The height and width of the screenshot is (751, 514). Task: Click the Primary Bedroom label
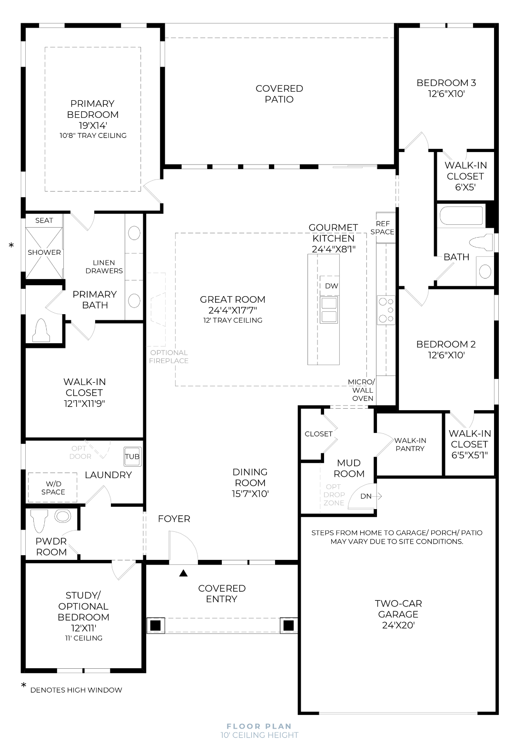tap(93, 109)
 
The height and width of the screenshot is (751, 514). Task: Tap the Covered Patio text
tap(279, 94)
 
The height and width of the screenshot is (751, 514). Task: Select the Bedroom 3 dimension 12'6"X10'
tap(446, 94)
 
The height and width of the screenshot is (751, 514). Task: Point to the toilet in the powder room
tap(40, 520)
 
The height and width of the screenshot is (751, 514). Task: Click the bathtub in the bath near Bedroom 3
tap(461, 216)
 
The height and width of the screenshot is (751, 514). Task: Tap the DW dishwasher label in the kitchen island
tap(332, 286)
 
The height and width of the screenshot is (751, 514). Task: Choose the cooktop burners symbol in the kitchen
tap(385, 310)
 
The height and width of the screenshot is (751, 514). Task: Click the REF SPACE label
tap(383, 228)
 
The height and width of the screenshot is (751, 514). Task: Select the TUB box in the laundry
tap(132, 456)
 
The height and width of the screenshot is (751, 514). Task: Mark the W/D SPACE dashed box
tap(53, 488)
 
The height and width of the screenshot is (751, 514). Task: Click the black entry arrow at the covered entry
tap(183, 573)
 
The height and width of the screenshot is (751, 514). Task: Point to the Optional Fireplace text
tap(168, 356)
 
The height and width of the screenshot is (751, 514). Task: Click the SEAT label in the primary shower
tap(44, 221)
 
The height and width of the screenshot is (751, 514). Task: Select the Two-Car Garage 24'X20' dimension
tap(398, 625)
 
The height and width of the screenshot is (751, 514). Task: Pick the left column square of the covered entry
tap(155, 625)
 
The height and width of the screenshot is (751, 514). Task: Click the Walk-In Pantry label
tap(410, 444)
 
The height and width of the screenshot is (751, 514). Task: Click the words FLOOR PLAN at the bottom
tap(259, 726)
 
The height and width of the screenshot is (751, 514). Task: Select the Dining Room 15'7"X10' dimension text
tap(250, 493)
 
